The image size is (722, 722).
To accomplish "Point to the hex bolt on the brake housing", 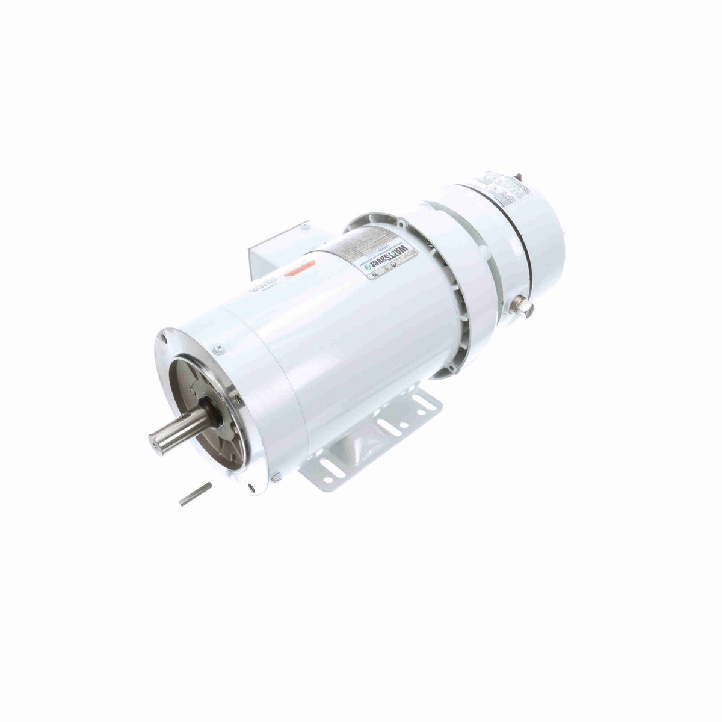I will click(523, 307).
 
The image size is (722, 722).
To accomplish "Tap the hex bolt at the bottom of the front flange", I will click(276, 478).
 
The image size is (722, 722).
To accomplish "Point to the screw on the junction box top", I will click(305, 227).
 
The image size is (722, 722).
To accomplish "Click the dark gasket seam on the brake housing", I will click(523, 253).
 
